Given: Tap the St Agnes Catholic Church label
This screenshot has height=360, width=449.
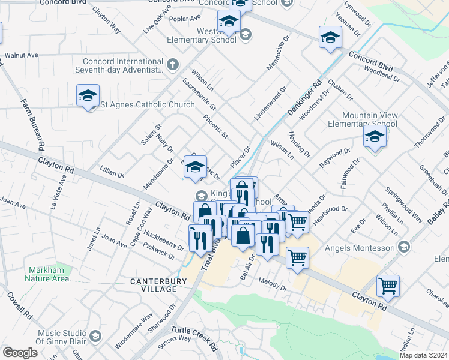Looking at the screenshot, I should (147, 104).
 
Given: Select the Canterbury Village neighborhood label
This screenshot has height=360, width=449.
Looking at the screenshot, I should (154, 284).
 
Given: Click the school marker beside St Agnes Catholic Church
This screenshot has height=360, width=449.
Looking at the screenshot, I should (88, 95).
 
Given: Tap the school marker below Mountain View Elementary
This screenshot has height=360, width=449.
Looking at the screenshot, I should (375, 136).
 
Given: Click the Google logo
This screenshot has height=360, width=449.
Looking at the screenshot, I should (20, 353).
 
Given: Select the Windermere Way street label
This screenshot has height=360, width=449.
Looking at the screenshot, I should (134, 333).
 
